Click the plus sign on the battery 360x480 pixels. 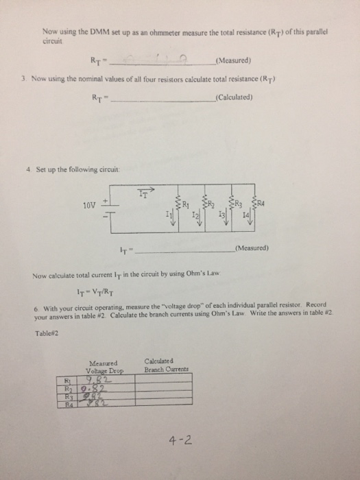pos(105,201)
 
